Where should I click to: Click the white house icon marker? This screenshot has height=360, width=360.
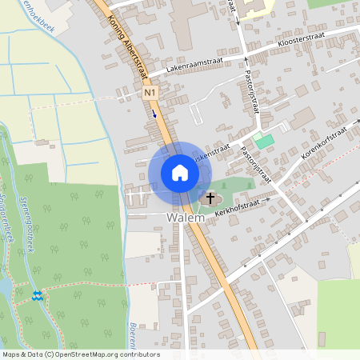[180, 173]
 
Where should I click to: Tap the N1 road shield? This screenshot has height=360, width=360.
[150, 94]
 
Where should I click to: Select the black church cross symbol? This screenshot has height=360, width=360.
[211, 198]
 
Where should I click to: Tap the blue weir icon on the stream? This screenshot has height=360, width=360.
[37, 297]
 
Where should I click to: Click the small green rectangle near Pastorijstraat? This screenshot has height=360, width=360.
[265, 142]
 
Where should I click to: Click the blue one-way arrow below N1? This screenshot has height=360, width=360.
[155, 114]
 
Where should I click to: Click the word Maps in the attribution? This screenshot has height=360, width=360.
[12, 354]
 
